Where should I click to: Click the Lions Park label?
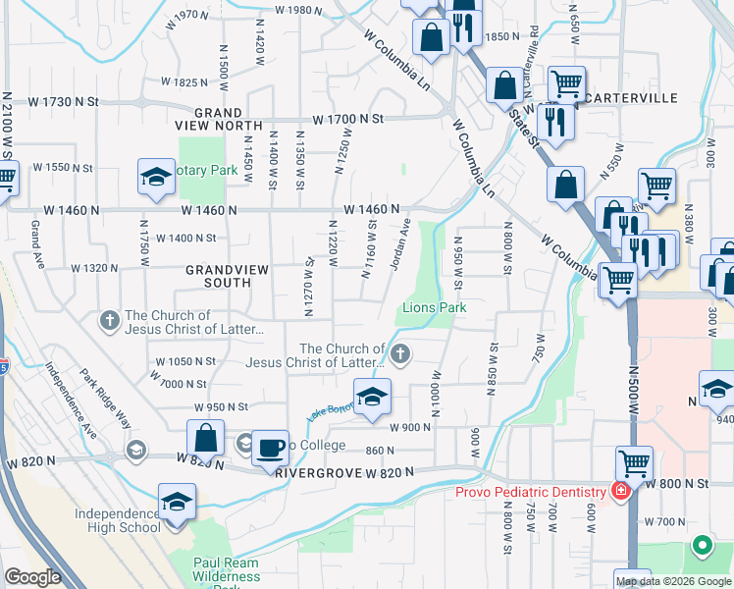434,308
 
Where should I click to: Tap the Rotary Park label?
208,170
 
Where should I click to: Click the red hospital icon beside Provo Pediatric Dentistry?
620,490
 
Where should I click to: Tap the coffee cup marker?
271,449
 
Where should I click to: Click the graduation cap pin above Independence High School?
177,502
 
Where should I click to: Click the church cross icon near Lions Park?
399,353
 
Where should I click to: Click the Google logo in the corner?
32,577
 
